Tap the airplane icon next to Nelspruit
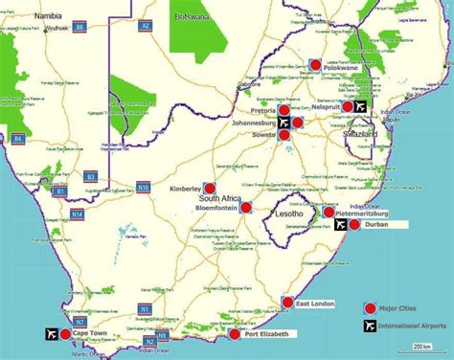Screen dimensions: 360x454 [360, 106]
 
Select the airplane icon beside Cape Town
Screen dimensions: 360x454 [51, 334]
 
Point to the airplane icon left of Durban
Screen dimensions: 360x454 [342, 225]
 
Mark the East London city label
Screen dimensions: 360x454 [315, 304]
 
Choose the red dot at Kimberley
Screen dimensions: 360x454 [210, 189]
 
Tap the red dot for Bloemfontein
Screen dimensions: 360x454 [245, 207]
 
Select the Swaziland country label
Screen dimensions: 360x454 [360, 136]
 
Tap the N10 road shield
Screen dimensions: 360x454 [144, 187]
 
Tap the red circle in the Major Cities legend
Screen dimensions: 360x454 [369, 307]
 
